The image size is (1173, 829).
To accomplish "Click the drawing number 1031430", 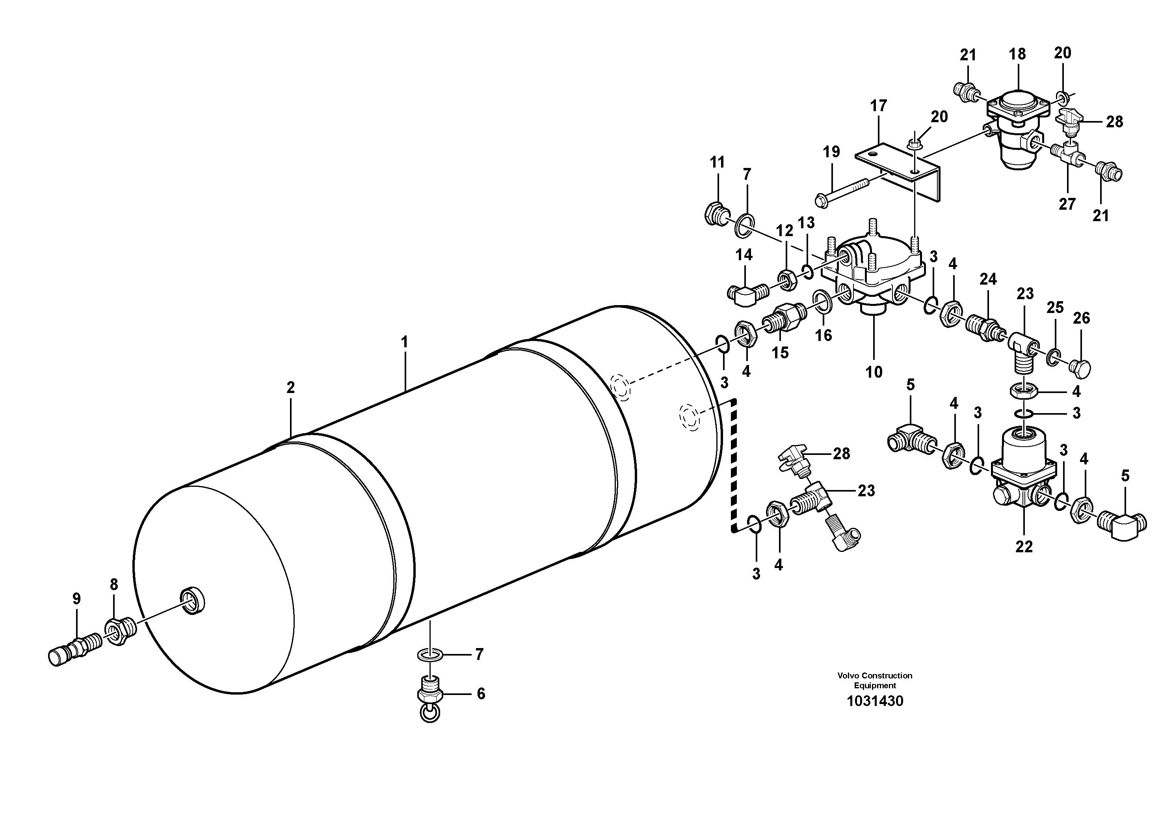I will point(875,701).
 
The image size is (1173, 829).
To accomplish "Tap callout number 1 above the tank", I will point(405,342).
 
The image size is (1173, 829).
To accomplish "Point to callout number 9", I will point(76,598).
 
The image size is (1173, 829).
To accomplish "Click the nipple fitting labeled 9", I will point(72,649).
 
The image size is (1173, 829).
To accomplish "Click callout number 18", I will point(1017,54).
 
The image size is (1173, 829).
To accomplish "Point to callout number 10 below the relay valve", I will point(874,372).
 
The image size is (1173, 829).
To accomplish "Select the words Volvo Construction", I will point(875,676).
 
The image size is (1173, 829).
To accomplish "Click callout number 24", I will point(988,279).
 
